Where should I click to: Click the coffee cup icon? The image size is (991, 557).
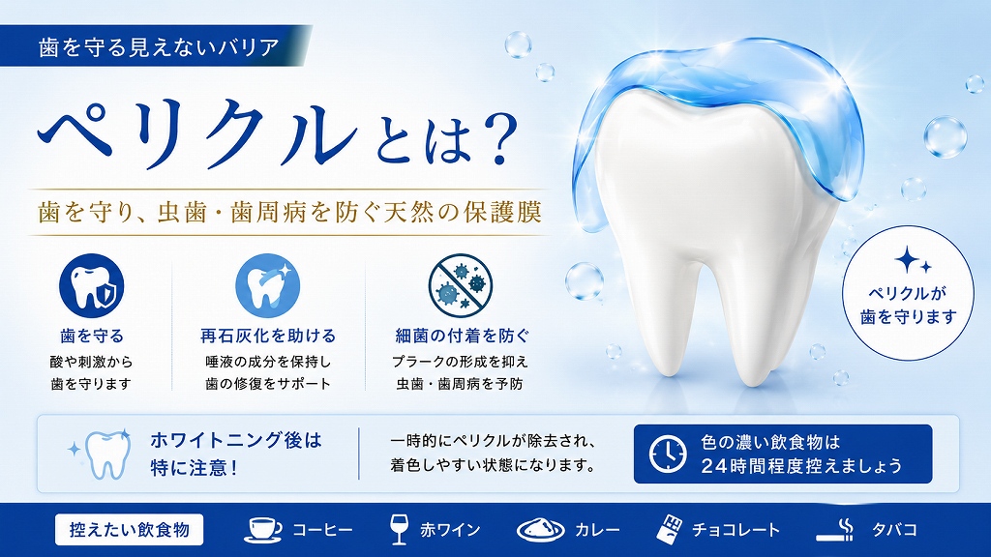(x=263, y=530)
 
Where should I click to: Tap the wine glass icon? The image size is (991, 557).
(x=399, y=529)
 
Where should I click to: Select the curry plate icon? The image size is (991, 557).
(x=540, y=530)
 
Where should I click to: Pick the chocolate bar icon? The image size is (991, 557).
(x=670, y=529)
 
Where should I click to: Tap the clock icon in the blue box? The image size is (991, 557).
(x=668, y=454)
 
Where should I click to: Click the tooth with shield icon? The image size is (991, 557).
(x=92, y=286)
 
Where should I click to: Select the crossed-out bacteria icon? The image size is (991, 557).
(x=460, y=285)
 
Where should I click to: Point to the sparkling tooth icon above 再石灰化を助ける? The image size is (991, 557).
(x=268, y=286)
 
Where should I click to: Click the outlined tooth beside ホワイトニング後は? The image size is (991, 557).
(x=101, y=454)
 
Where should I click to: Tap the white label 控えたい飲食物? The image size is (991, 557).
(x=129, y=529)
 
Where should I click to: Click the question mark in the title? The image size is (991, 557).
(x=494, y=139)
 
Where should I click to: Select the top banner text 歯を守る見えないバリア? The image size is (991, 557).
(x=159, y=47)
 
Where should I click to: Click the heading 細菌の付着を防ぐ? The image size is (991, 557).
(x=462, y=336)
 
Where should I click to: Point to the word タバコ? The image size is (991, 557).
(x=894, y=529)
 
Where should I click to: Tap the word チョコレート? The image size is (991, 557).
(x=736, y=529)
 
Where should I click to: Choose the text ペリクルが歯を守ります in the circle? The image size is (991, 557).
(x=909, y=305)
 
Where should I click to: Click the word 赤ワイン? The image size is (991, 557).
(x=450, y=529)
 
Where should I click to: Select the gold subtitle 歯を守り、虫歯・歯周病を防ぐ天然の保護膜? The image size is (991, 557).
(x=290, y=212)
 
